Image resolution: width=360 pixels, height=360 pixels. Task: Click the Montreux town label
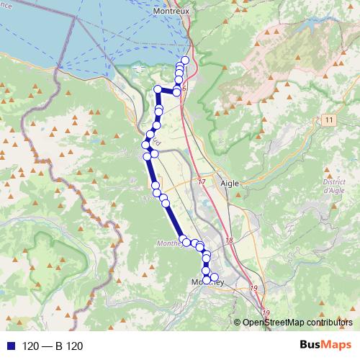click(x=171, y=12)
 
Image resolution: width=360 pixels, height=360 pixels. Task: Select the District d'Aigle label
click(x=333, y=186)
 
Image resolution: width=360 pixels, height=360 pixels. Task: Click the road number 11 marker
click(x=330, y=120)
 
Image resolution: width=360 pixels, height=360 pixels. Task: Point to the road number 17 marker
click(x=202, y=182)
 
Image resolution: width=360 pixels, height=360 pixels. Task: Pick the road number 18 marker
click(x=229, y=240)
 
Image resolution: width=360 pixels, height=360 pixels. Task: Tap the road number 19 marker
click(x=253, y=288)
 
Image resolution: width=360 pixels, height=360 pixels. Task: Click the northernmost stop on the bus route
click(x=185, y=60)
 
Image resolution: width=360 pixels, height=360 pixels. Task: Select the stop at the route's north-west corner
click(x=158, y=89)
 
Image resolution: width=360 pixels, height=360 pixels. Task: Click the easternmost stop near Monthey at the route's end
click(x=214, y=277)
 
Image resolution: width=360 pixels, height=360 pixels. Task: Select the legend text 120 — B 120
click(x=53, y=346)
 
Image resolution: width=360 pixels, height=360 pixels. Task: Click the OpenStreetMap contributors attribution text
click(x=297, y=323)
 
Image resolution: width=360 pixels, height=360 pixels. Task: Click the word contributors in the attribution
click(x=330, y=323)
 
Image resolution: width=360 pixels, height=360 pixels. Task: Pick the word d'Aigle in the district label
click(x=334, y=190)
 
